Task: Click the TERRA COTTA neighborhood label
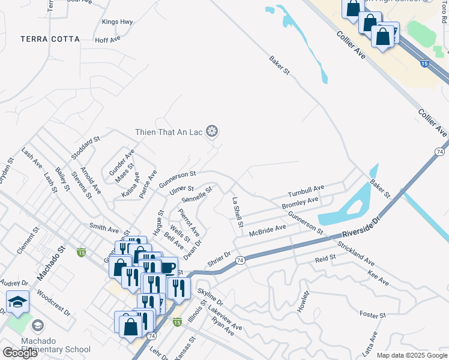coord(50,39)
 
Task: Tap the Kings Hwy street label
coord(117,22)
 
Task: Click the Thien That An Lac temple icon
coord(211,131)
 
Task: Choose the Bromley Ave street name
coord(300,203)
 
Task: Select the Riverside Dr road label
coord(362,227)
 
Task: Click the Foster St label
coord(372,315)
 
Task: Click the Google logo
coord(20,352)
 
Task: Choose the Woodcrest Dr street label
coord(53,304)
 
